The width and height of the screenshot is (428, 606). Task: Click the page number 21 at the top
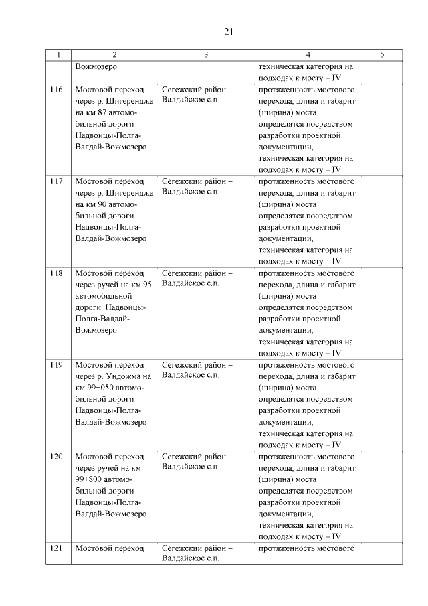tap(228, 31)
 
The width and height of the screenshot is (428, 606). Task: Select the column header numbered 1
tap(58, 55)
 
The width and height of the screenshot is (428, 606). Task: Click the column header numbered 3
tap(205, 55)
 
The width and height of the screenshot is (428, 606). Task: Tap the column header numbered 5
tap(382, 55)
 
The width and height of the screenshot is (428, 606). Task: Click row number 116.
tap(58, 90)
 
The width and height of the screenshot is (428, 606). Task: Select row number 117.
tap(58, 181)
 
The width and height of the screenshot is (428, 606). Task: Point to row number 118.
tap(58, 273)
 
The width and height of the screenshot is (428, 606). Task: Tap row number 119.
tap(58, 365)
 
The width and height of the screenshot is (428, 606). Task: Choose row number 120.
tap(58, 457)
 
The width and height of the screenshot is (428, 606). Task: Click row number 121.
tap(58, 548)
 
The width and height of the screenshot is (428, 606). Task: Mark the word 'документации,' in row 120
tap(284, 514)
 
